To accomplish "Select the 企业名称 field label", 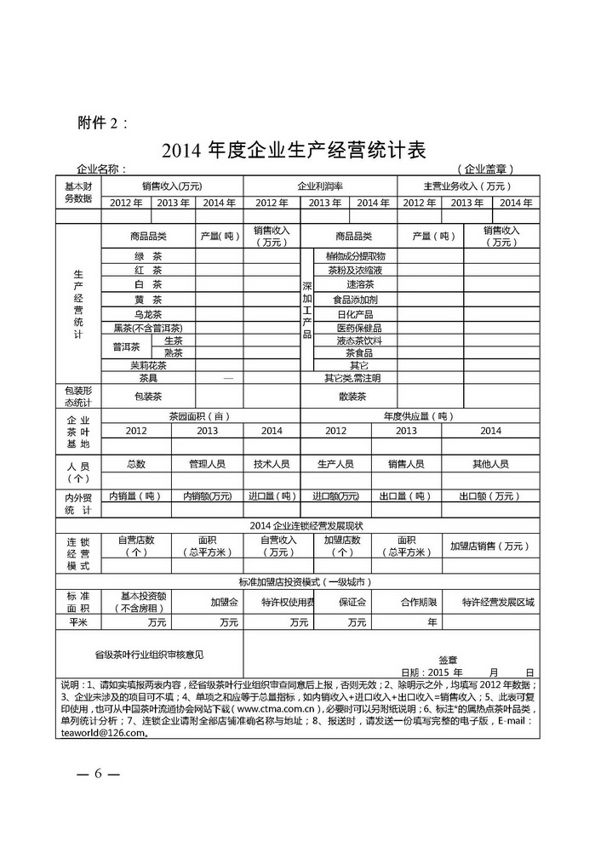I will click(x=101, y=169).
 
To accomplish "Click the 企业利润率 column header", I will click(x=320, y=186).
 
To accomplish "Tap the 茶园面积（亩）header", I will click(x=199, y=416).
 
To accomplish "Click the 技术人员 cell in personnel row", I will click(x=272, y=464).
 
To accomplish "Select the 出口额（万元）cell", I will click(x=489, y=495).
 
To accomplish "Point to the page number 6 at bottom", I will click(x=98, y=774).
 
